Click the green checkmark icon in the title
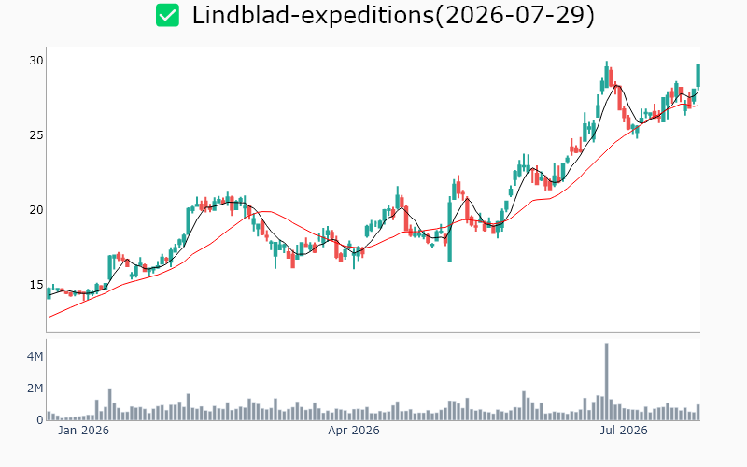pos(167,15)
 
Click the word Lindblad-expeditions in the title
pos(313,15)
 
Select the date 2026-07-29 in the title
pos(514,15)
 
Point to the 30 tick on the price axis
pos(36,61)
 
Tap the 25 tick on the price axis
pos(36,135)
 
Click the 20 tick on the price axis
pos(36,210)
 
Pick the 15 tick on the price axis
pos(36,285)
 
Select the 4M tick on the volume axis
pos(35,357)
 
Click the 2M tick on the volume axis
pos(35,389)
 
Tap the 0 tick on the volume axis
pos(40,419)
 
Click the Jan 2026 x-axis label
pos(83,431)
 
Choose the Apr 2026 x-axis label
pos(354,431)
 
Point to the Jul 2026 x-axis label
pos(624,431)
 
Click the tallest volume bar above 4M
pos(606,382)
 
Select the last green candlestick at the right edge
pos(698,76)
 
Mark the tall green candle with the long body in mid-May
pos(449,232)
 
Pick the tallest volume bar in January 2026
pos(109,404)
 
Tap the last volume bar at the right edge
pos(698,413)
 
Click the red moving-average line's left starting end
pos(49,317)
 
